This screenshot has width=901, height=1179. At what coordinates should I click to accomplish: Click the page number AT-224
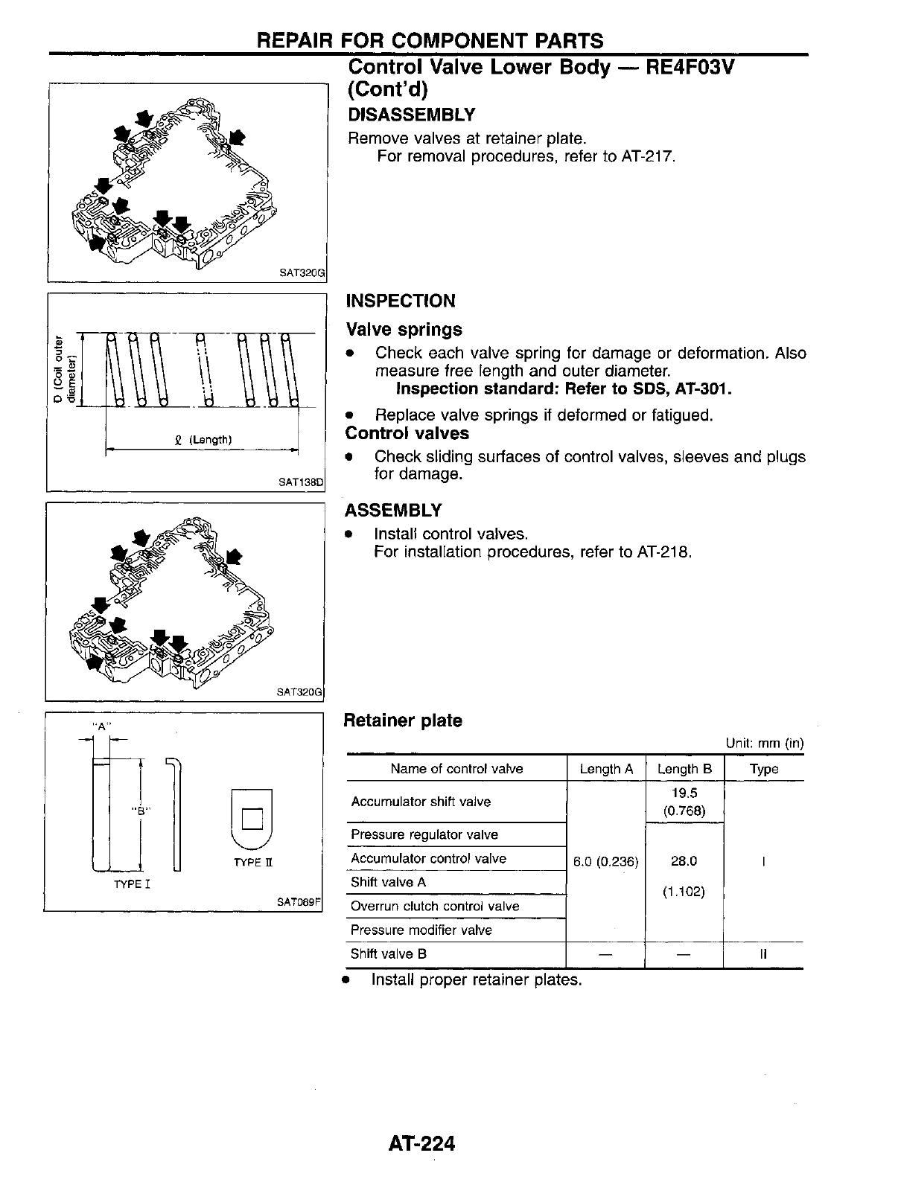pos(421,1143)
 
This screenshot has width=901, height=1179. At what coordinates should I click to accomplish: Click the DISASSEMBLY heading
pos(411,115)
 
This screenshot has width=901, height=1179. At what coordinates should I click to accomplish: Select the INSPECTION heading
pos(401,301)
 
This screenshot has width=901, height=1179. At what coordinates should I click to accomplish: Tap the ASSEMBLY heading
pos(393,511)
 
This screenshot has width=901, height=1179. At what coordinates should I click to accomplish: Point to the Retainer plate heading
pos(402,720)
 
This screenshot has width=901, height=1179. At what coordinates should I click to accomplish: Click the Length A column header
pos(606,769)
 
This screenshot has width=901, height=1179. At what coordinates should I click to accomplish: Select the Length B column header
pos(684,769)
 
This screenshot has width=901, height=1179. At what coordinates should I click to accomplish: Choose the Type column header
pos(764,769)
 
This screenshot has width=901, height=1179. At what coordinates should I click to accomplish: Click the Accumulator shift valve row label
pos(421,802)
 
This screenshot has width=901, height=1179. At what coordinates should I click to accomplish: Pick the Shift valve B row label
pos(389,953)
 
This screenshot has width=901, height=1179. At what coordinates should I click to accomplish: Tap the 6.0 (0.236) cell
pos(606,862)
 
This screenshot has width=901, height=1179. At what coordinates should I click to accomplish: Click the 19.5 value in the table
pos(684,793)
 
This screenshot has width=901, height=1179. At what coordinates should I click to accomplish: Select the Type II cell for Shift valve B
pos(764,953)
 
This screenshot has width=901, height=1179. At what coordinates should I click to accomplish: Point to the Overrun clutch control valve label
pos(435,906)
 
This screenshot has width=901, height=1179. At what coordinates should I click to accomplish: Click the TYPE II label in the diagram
pos(253,862)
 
